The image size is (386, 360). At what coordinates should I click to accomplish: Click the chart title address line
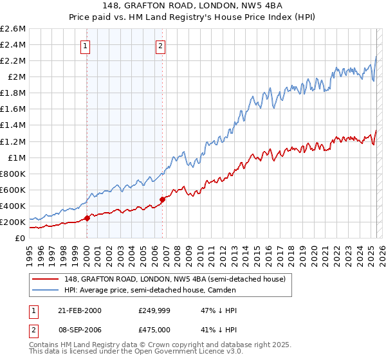(x=193, y=7)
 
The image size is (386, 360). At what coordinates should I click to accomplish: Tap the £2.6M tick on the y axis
(x=14, y=29)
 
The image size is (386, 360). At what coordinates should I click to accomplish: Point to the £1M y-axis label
(x=16, y=157)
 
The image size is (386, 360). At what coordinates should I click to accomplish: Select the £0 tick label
(x=20, y=238)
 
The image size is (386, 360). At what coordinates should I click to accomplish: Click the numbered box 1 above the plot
(x=86, y=46)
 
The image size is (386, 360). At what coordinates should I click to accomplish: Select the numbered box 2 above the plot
(x=160, y=46)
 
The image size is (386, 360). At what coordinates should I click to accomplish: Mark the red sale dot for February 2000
(x=87, y=218)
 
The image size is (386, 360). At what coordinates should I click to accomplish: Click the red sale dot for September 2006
(x=162, y=199)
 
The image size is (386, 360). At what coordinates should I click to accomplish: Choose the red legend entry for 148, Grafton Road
(x=178, y=279)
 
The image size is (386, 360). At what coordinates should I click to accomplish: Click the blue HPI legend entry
(x=150, y=291)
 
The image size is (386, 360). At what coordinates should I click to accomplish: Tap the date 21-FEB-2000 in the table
(x=79, y=310)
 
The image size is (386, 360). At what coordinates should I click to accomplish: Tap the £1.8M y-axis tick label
(x=14, y=93)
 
